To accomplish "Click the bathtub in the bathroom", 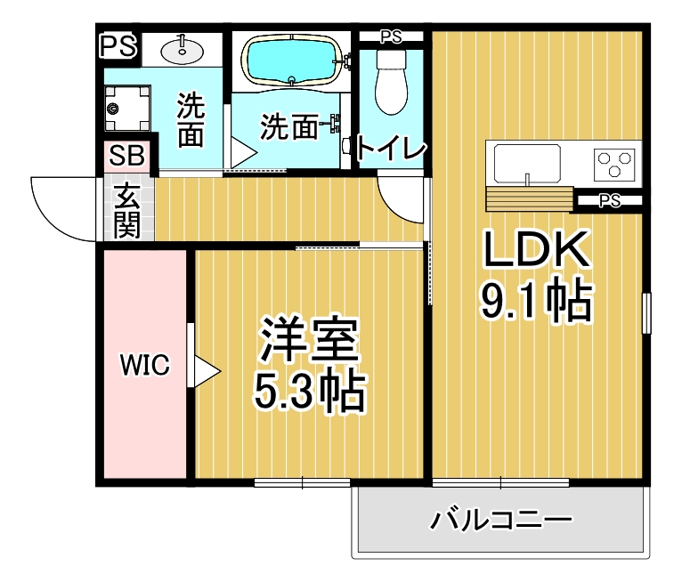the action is pos(292,60).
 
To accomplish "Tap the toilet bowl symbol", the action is pos(391,83).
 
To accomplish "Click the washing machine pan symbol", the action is pos(127,109).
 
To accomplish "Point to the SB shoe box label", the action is pos(126,155).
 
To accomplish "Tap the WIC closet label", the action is pos(145,365).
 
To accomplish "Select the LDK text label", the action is pos(536,249).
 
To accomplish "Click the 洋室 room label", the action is pos(309,340).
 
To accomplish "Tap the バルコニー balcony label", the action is pos(501,520).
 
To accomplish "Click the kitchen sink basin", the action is pos(527,164).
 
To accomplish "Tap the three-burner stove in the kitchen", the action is pos(613,164).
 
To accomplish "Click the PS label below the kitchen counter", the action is pos(609,200).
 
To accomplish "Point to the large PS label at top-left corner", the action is pos(118,46).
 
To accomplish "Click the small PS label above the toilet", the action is pos(391,37).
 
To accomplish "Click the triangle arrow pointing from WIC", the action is pos(207,372).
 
